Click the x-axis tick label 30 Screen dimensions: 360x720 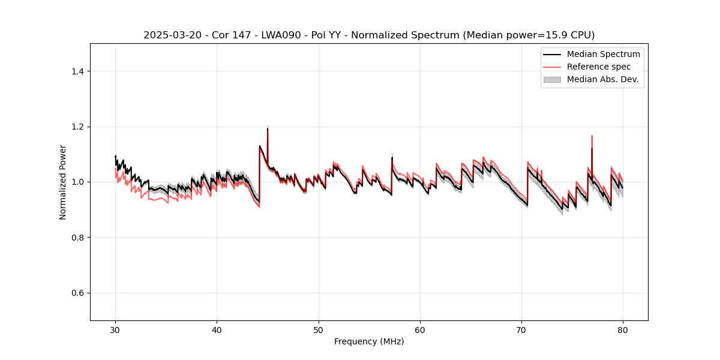tap(115, 330)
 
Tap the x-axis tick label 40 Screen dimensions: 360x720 tap(217, 330)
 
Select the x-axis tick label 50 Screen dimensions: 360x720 tap(318, 330)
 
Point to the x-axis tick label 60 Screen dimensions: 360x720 tap(420, 330)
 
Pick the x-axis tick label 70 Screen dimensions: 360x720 tap(521, 330)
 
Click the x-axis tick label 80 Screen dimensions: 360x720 tap(623, 330)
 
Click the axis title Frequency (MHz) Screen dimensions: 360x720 tap(369, 341)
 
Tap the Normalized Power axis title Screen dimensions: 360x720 tap(63, 182)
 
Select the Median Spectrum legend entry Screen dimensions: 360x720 tap(603, 54)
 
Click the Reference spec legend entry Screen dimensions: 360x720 tap(598, 67)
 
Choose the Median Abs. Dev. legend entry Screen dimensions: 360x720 tap(602, 79)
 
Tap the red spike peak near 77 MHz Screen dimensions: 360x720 tap(592, 136)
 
